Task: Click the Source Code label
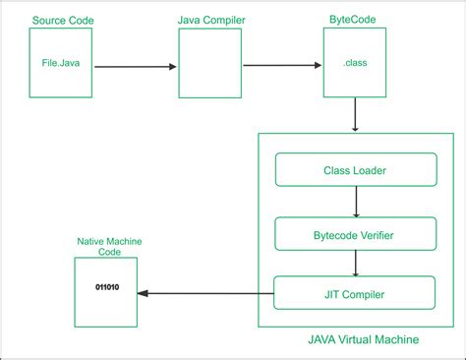click(x=64, y=21)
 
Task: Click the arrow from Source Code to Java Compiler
click(x=137, y=66)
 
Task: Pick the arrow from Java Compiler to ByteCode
click(x=282, y=66)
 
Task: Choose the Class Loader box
click(x=354, y=170)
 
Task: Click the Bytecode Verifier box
click(x=354, y=234)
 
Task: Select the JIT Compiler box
click(x=354, y=292)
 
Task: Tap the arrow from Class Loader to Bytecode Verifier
click(x=355, y=202)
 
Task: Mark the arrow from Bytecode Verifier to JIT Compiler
click(x=355, y=264)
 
